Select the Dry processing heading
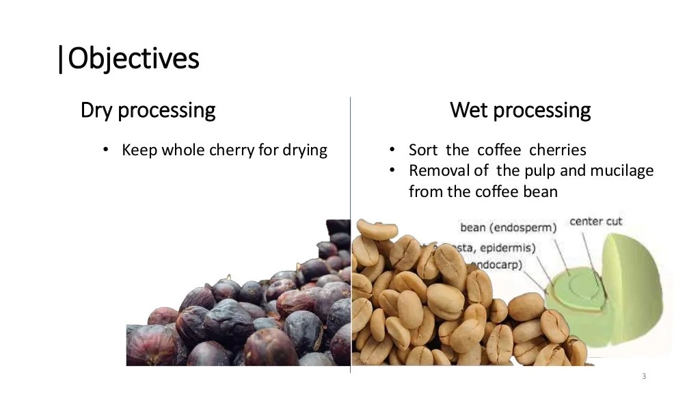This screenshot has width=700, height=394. click(x=148, y=109)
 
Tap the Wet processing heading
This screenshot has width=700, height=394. click(x=520, y=109)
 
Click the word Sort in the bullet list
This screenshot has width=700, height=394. click(x=423, y=150)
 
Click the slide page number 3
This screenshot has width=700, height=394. click(x=644, y=377)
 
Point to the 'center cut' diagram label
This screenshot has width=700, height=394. click(x=596, y=222)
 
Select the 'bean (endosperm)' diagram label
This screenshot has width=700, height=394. click(x=508, y=227)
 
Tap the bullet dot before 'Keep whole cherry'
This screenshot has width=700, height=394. click(x=105, y=150)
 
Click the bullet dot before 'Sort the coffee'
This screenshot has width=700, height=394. click(x=393, y=150)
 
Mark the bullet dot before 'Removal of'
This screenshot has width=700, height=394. click(x=393, y=170)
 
